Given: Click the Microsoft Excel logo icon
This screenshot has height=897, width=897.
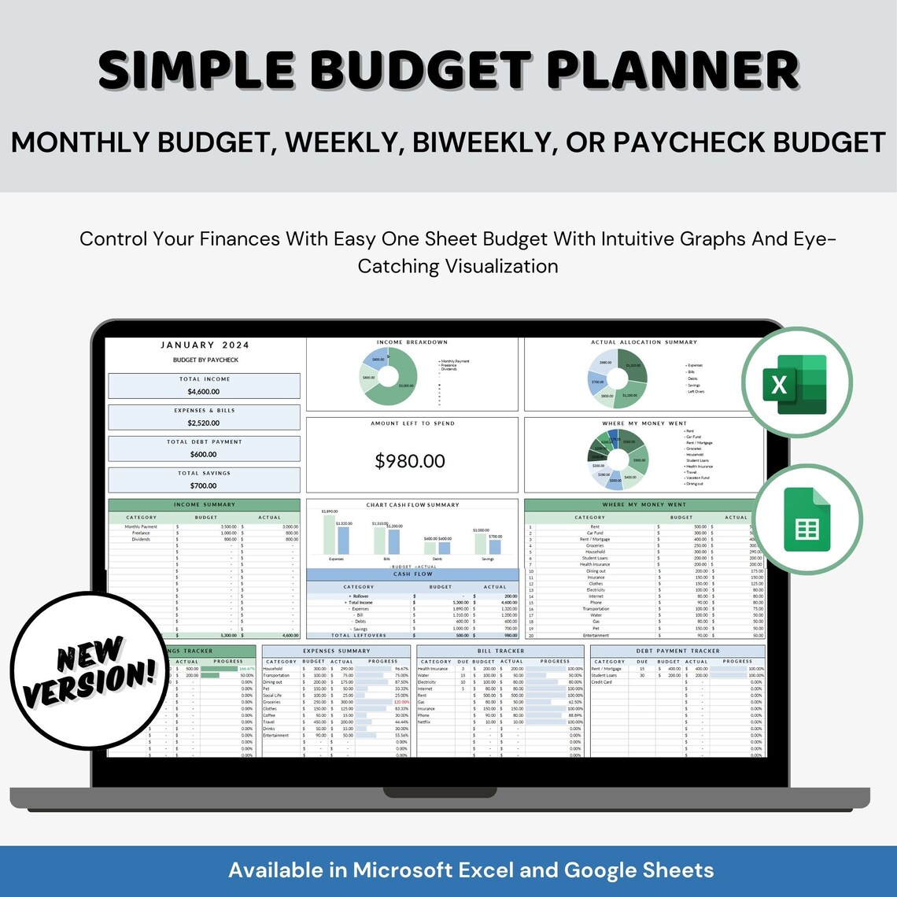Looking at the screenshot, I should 796,383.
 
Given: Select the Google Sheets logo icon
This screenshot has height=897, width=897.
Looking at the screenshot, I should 807,519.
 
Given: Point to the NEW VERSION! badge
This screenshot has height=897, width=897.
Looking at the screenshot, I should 85,670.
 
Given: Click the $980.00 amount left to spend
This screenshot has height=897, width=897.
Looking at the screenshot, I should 410,461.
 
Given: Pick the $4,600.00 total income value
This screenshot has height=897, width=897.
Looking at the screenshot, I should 204,391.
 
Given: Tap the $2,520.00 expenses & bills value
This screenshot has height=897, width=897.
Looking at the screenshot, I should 204,423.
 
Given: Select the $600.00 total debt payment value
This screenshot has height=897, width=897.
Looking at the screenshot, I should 204,454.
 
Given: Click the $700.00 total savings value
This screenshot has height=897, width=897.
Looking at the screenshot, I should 204,485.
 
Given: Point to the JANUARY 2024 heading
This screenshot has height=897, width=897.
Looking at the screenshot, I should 205,345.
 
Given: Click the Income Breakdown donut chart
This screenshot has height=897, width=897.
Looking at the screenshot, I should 387,376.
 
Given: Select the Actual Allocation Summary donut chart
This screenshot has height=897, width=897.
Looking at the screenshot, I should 618,378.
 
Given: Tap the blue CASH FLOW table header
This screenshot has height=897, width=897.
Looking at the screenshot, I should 412,574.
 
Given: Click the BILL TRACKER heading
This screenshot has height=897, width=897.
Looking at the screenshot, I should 500,651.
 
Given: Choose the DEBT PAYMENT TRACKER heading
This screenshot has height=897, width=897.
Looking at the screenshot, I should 677,651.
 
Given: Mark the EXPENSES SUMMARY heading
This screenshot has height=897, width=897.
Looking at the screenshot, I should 336,651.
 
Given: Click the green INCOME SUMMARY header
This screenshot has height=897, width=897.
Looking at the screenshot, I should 204,504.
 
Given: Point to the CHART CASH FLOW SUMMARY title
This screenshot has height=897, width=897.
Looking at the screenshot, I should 412,504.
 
